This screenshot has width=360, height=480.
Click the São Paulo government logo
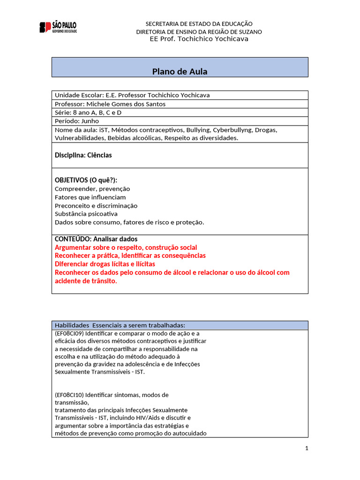[58, 27]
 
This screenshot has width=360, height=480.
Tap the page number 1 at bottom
[307, 448]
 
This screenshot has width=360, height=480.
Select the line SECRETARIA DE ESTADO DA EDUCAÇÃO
[199, 23]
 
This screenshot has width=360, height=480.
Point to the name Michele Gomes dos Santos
[126, 104]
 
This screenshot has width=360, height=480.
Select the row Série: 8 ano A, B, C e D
[91, 112]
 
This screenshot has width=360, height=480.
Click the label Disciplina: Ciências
[83, 155]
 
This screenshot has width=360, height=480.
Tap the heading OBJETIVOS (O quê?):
[86, 180]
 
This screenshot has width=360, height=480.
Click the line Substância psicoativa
[86, 214]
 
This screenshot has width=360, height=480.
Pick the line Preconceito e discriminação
[96, 205]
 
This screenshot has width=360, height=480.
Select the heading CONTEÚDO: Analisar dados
[96, 239]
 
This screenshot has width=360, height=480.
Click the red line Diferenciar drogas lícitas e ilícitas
[105, 264]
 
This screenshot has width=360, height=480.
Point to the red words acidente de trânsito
[86, 281]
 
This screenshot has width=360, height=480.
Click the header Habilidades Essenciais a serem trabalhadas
[120, 325]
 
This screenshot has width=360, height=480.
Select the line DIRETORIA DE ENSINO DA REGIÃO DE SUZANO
[199, 31]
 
